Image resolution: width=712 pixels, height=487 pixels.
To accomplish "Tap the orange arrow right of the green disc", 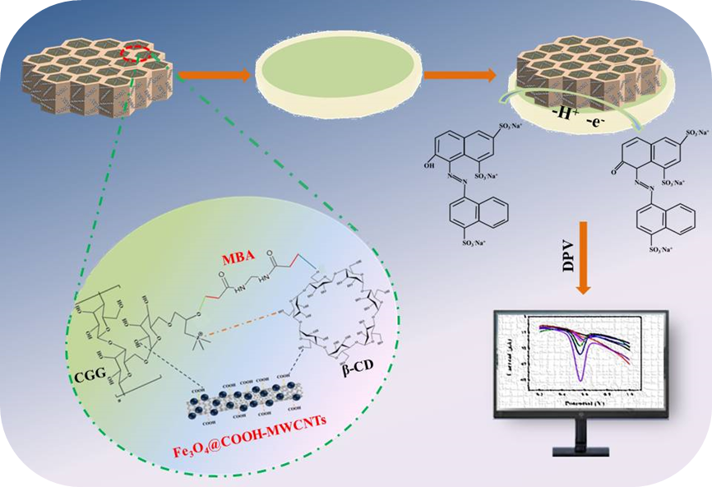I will pyautogui.click(x=460, y=76).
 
